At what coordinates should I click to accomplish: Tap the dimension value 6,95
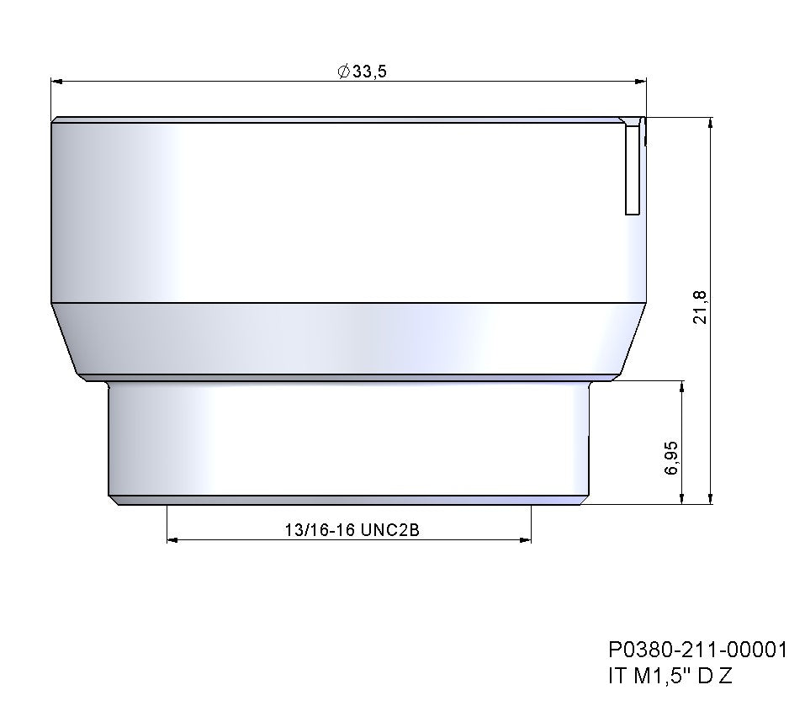670,457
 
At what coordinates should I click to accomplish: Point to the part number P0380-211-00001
697,650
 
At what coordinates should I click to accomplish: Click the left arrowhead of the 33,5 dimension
57,82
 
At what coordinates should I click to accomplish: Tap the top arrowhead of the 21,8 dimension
712,124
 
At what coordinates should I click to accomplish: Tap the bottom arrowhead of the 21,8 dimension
712,498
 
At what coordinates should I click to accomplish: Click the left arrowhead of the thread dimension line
173,539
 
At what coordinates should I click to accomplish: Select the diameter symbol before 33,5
343,72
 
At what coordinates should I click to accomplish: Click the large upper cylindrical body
336,210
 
